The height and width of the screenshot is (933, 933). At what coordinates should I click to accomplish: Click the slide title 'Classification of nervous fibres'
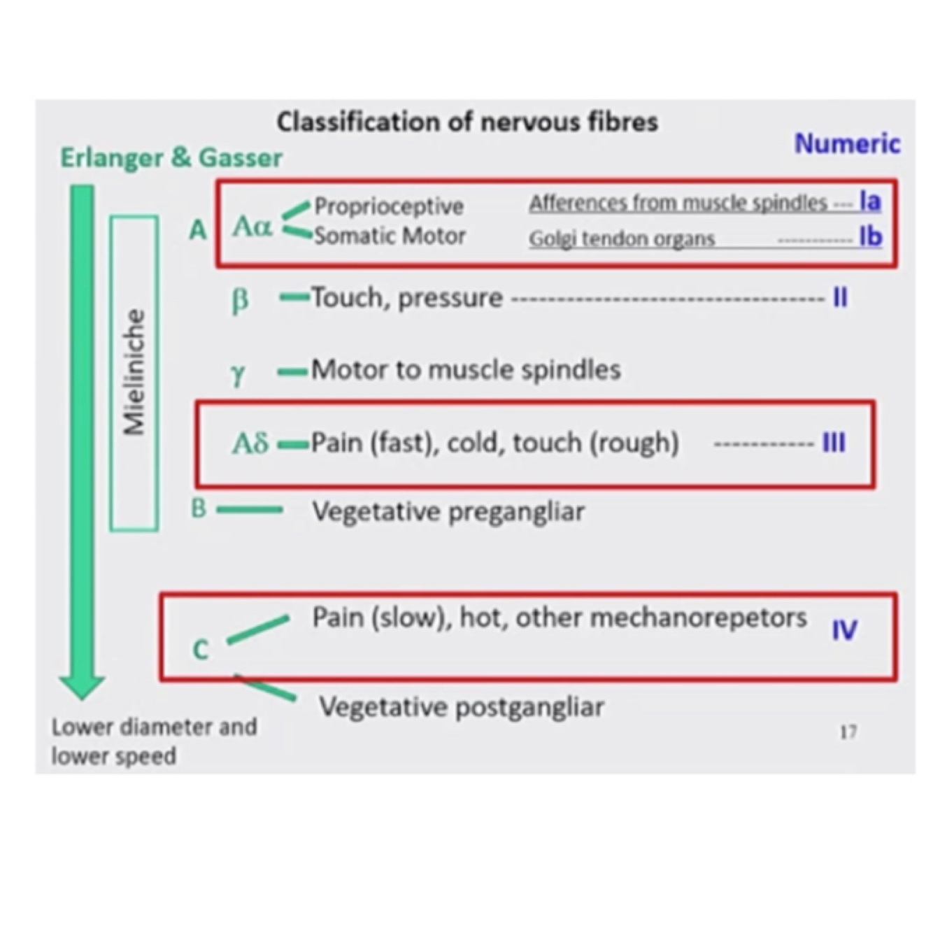pos(467,122)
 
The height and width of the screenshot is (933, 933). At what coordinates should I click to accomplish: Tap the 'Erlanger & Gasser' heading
pos(171,158)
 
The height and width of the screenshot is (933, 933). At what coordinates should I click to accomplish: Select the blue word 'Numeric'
pos(847,144)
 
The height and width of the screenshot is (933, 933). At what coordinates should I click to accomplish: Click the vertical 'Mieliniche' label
pos(134,373)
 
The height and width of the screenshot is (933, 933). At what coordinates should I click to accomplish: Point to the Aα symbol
pos(252,227)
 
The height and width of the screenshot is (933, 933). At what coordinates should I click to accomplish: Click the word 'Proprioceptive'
pos(389,206)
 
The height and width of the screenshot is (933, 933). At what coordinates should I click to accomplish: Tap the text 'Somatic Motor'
pos(390,236)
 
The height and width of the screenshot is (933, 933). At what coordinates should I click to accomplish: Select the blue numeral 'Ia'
pos(870,201)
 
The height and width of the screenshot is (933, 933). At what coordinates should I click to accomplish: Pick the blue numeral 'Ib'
pos(870,237)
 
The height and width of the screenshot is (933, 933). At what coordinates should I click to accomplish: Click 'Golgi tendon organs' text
pos(622,239)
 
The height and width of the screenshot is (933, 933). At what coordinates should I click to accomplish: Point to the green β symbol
pos(240,300)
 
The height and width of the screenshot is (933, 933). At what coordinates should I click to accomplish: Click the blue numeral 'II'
pos(840,298)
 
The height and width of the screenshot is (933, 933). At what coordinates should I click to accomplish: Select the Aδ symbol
pos(250,443)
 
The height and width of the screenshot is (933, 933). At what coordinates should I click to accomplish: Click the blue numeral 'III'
pos(834,443)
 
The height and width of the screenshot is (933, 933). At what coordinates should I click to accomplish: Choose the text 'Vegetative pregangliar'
pos(448,512)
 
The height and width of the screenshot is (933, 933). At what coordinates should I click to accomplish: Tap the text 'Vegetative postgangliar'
pos(462,707)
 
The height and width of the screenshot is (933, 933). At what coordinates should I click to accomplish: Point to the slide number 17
pos(848,732)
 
